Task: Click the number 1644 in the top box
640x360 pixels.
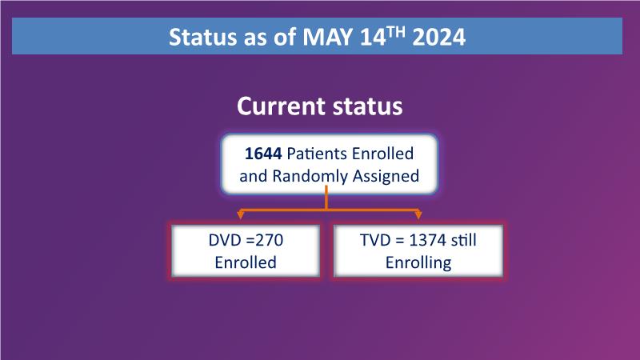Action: (x=263, y=154)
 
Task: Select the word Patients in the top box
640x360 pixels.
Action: (x=317, y=154)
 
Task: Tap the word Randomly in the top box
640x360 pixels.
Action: (x=310, y=176)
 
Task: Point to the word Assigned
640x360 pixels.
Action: (x=386, y=176)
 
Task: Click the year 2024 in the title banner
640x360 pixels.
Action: (x=438, y=37)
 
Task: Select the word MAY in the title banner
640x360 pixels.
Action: (x=328, y=37)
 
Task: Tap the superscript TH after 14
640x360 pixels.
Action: (x=396, y=32)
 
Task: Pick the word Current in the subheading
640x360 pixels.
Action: (x=282, y=106)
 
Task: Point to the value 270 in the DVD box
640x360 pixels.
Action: (x=270, y=240)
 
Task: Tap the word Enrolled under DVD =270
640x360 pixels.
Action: (x=246, y=262)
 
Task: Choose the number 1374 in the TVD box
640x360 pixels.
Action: (x=424, y=240)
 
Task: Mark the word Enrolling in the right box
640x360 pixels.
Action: (x=418, y=262)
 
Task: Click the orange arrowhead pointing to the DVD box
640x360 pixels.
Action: (x=241, y=214)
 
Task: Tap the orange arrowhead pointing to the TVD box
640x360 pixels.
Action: (x=418, y=214)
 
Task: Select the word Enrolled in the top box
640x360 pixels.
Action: (x=383, y=154)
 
